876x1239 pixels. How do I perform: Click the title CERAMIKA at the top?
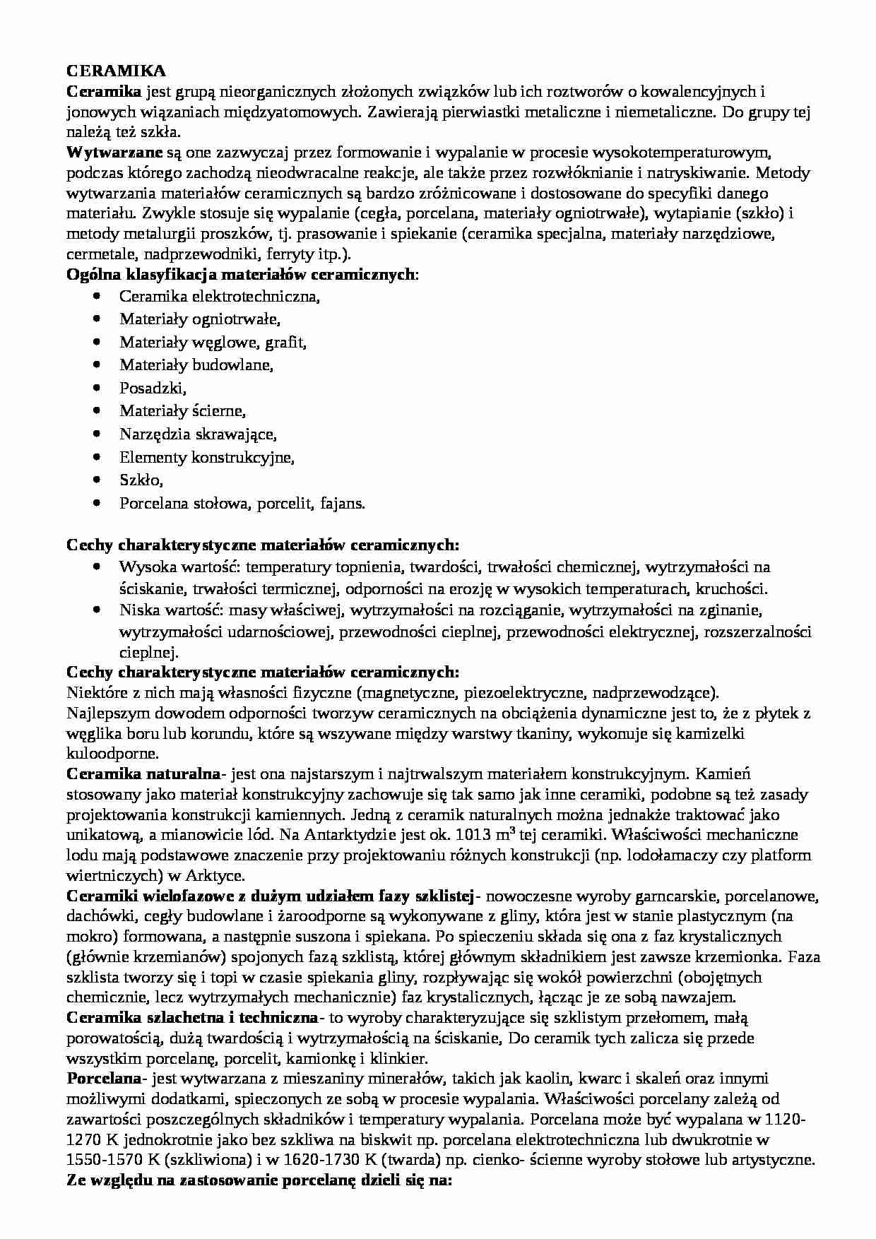(x=116, y=71)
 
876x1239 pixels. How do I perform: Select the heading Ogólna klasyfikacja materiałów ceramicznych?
(x=240, y=275)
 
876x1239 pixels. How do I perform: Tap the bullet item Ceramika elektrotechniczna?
(x=219, y=297)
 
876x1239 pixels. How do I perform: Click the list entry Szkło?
(x=141, y=480)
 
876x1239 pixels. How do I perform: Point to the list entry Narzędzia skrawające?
(x=197, y=434)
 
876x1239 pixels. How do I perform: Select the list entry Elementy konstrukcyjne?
(x=206, y=458)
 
